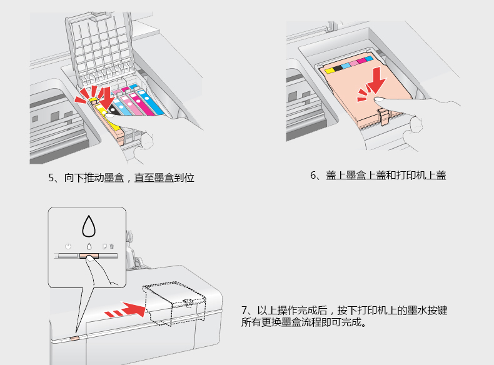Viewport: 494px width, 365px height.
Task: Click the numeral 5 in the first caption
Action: coord(51,178)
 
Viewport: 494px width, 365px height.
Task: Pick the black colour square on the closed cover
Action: coord(338,66)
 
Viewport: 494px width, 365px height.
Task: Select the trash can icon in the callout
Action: coord(112,246)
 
